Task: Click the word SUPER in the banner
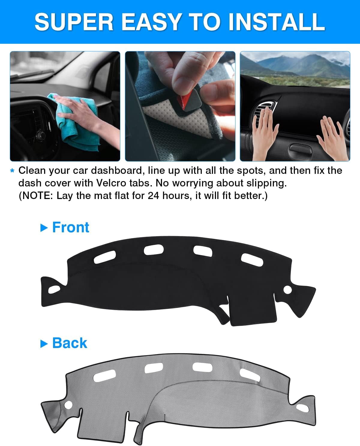pos(74,22)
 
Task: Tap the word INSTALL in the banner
pos(277,22)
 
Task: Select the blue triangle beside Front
pos(44,228)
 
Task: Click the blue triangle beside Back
pos(44,344)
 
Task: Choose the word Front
pos(71,227)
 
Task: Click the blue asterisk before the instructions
pos(12,171)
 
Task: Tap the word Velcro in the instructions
pos(111,183)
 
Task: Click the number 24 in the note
pos(153,195)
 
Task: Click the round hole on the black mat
pos(287,290)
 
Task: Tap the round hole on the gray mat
pos(68,405)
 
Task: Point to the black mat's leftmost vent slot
pos(105,257)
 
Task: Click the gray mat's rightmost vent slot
pos(250,375)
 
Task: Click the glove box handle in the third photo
pos(300,149)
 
